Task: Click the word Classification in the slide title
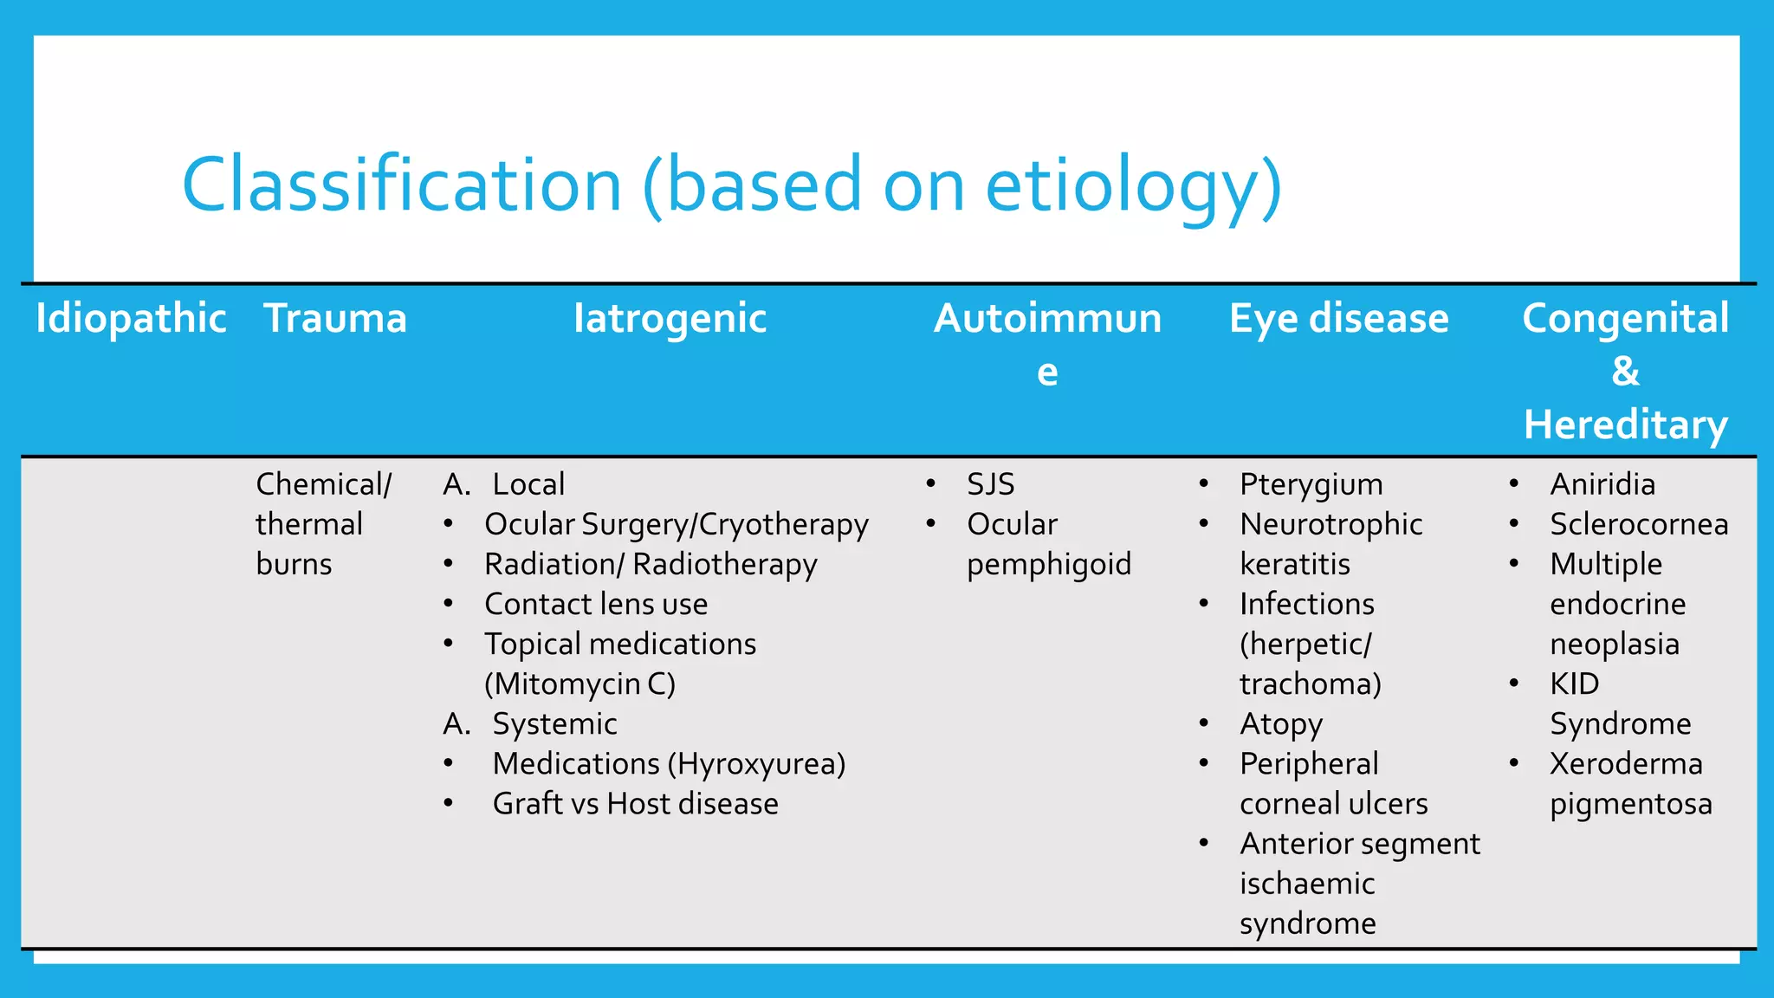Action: pos(402,185)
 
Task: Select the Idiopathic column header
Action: pos(131,318)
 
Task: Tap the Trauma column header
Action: pos(335,318)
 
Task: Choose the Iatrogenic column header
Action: pos(670,318)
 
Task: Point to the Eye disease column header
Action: pos(1338,318)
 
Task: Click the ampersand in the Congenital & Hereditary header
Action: pos(1625,372)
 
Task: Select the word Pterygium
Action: pos(1311,484)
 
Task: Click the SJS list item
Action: pos(990,484)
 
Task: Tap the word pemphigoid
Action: pos(1048,565)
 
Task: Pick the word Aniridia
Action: pos(1602,484)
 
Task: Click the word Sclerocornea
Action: pos(1638,524)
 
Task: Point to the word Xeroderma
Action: pos(1625,764)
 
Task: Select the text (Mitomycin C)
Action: pos(579,684)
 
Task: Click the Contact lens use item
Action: pos(595,604)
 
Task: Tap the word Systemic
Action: pos(554,724)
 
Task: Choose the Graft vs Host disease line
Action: pos(635,804)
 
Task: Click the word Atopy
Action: pos(1280,724)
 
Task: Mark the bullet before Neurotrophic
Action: pos(1204,523)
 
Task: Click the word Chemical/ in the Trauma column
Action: pos(323,484)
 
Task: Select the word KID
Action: pos(1574,684)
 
